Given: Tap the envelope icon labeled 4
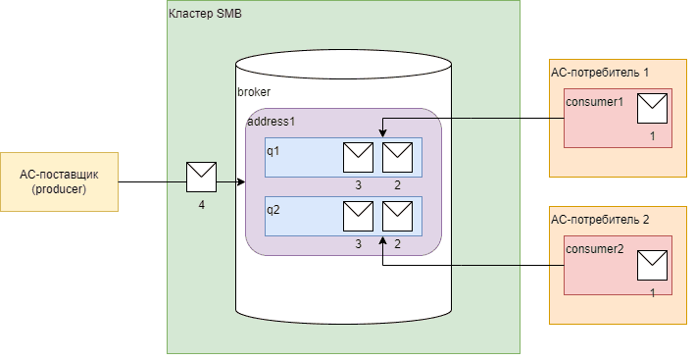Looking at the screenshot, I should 201,178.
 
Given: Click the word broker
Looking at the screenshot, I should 254,91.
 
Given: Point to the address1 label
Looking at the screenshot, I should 271,122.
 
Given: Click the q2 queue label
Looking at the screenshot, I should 273,209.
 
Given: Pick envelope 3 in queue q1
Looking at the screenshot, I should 358,157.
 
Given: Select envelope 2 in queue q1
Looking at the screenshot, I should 397,157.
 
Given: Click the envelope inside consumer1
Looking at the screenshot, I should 652,108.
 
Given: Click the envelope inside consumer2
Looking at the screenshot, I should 652,266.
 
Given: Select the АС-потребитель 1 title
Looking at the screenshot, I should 601,73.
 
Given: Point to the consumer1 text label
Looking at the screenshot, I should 595,102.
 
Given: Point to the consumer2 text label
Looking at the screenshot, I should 595,249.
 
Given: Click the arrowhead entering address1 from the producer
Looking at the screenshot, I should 240,182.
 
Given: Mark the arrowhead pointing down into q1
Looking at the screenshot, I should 381,132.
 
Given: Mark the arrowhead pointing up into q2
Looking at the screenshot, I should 381,241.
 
